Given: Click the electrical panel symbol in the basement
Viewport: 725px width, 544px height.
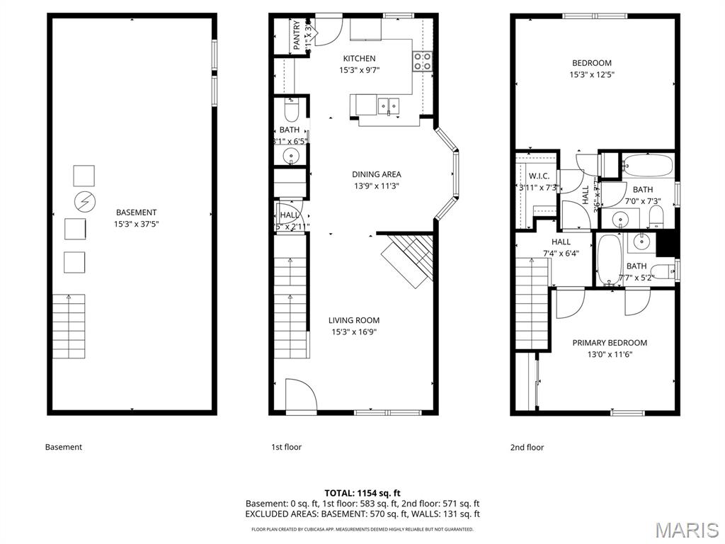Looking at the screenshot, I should [84, 203].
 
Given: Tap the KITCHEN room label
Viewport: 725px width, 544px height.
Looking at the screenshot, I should [359, 59].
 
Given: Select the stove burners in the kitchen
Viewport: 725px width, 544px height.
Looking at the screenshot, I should [423, 62].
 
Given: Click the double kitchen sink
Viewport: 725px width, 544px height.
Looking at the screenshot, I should [388, 106].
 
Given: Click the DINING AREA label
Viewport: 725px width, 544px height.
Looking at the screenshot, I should [376, 174].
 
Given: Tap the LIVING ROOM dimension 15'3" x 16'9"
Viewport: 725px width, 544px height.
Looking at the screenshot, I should [354, 331].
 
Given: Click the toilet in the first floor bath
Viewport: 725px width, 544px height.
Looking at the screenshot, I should [291, 111].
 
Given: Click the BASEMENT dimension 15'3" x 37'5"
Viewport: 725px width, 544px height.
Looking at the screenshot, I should [135, 224].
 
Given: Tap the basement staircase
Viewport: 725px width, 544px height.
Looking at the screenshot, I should [69, 327].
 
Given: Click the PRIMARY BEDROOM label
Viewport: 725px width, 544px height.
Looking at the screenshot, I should [610, 343].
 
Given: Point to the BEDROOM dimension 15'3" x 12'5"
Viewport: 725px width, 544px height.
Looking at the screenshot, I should [591, 74].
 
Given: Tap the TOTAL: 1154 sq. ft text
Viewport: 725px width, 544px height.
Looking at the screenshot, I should [362, 492].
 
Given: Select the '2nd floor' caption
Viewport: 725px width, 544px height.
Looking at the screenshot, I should [527, 447].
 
